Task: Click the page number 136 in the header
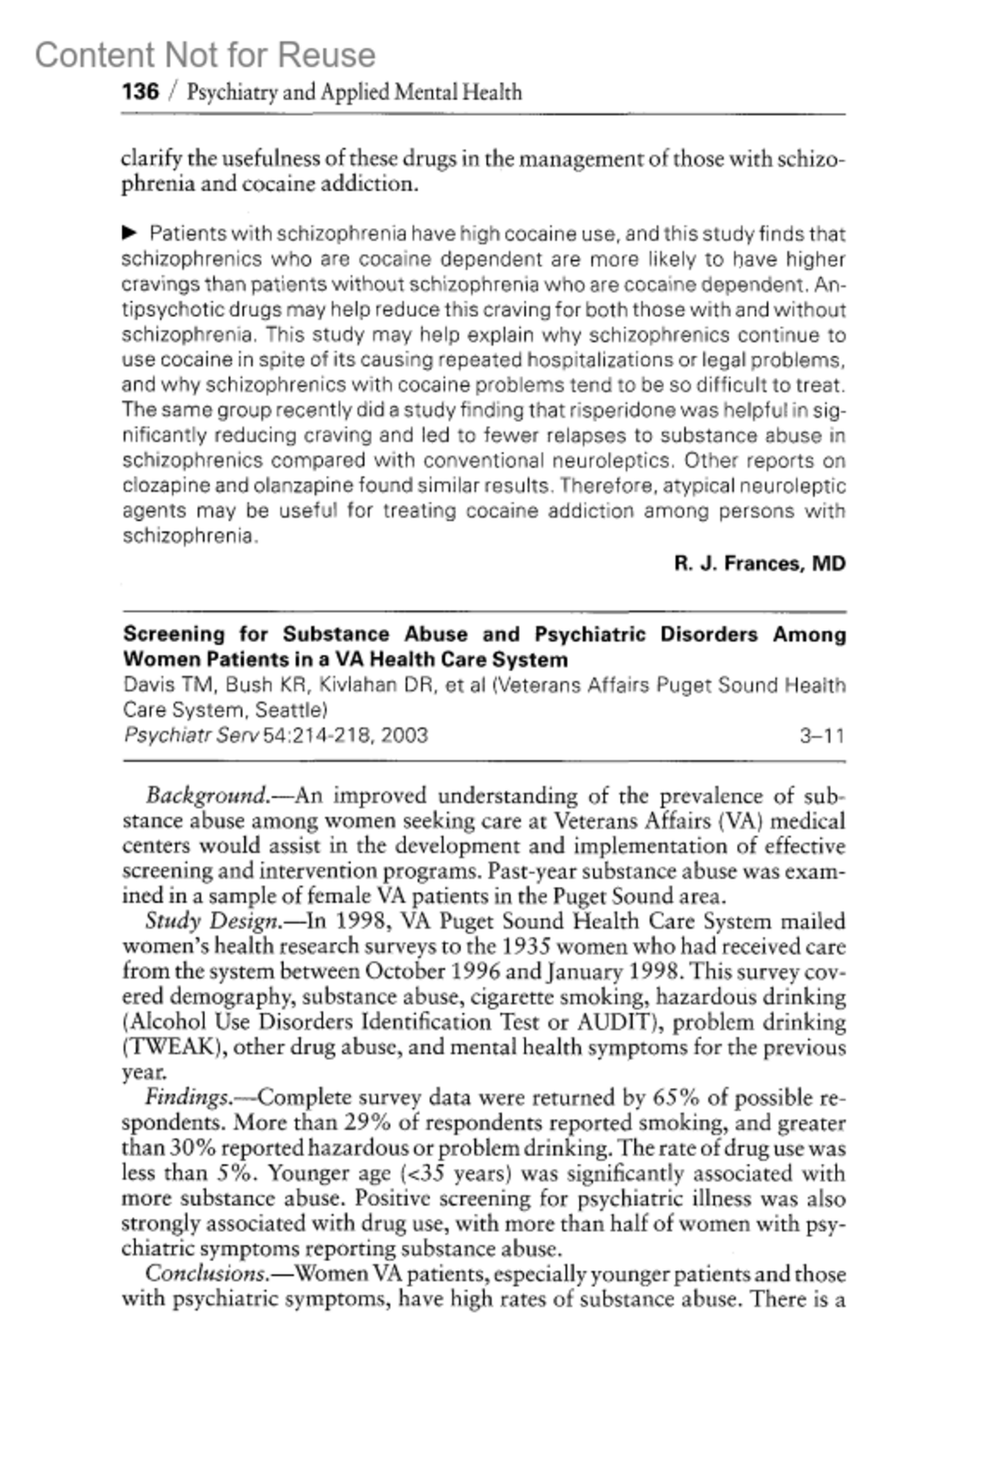(140, 91)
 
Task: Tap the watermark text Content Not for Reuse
(205, 55)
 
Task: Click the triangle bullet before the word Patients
(129, 233)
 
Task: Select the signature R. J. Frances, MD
(759, 563)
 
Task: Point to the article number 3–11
(822, 735)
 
